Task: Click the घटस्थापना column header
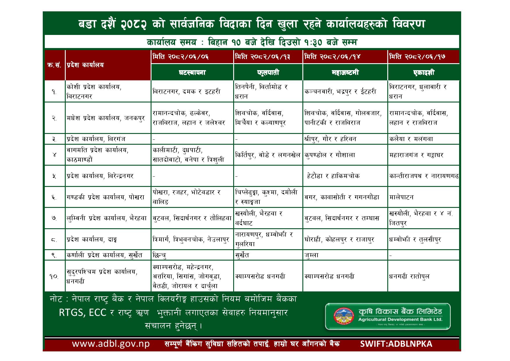point(192,72)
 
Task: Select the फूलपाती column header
point(268,72)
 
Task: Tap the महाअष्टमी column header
point(345,72)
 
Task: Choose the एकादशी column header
point(423,72)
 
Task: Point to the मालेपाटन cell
point(401,197)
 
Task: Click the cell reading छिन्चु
point(159,255)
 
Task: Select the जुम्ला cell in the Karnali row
point(311,255)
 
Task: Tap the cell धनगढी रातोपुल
point(409,276)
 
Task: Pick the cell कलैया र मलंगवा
point(411,139)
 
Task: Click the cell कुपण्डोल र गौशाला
point(330,155)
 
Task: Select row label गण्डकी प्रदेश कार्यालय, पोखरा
point(105,197)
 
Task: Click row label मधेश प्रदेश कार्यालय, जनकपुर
point(106,118)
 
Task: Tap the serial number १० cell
point(54,276)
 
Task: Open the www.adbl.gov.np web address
point(111,344)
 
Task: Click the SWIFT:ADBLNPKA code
point(396,344)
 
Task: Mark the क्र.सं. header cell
point(54,65)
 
